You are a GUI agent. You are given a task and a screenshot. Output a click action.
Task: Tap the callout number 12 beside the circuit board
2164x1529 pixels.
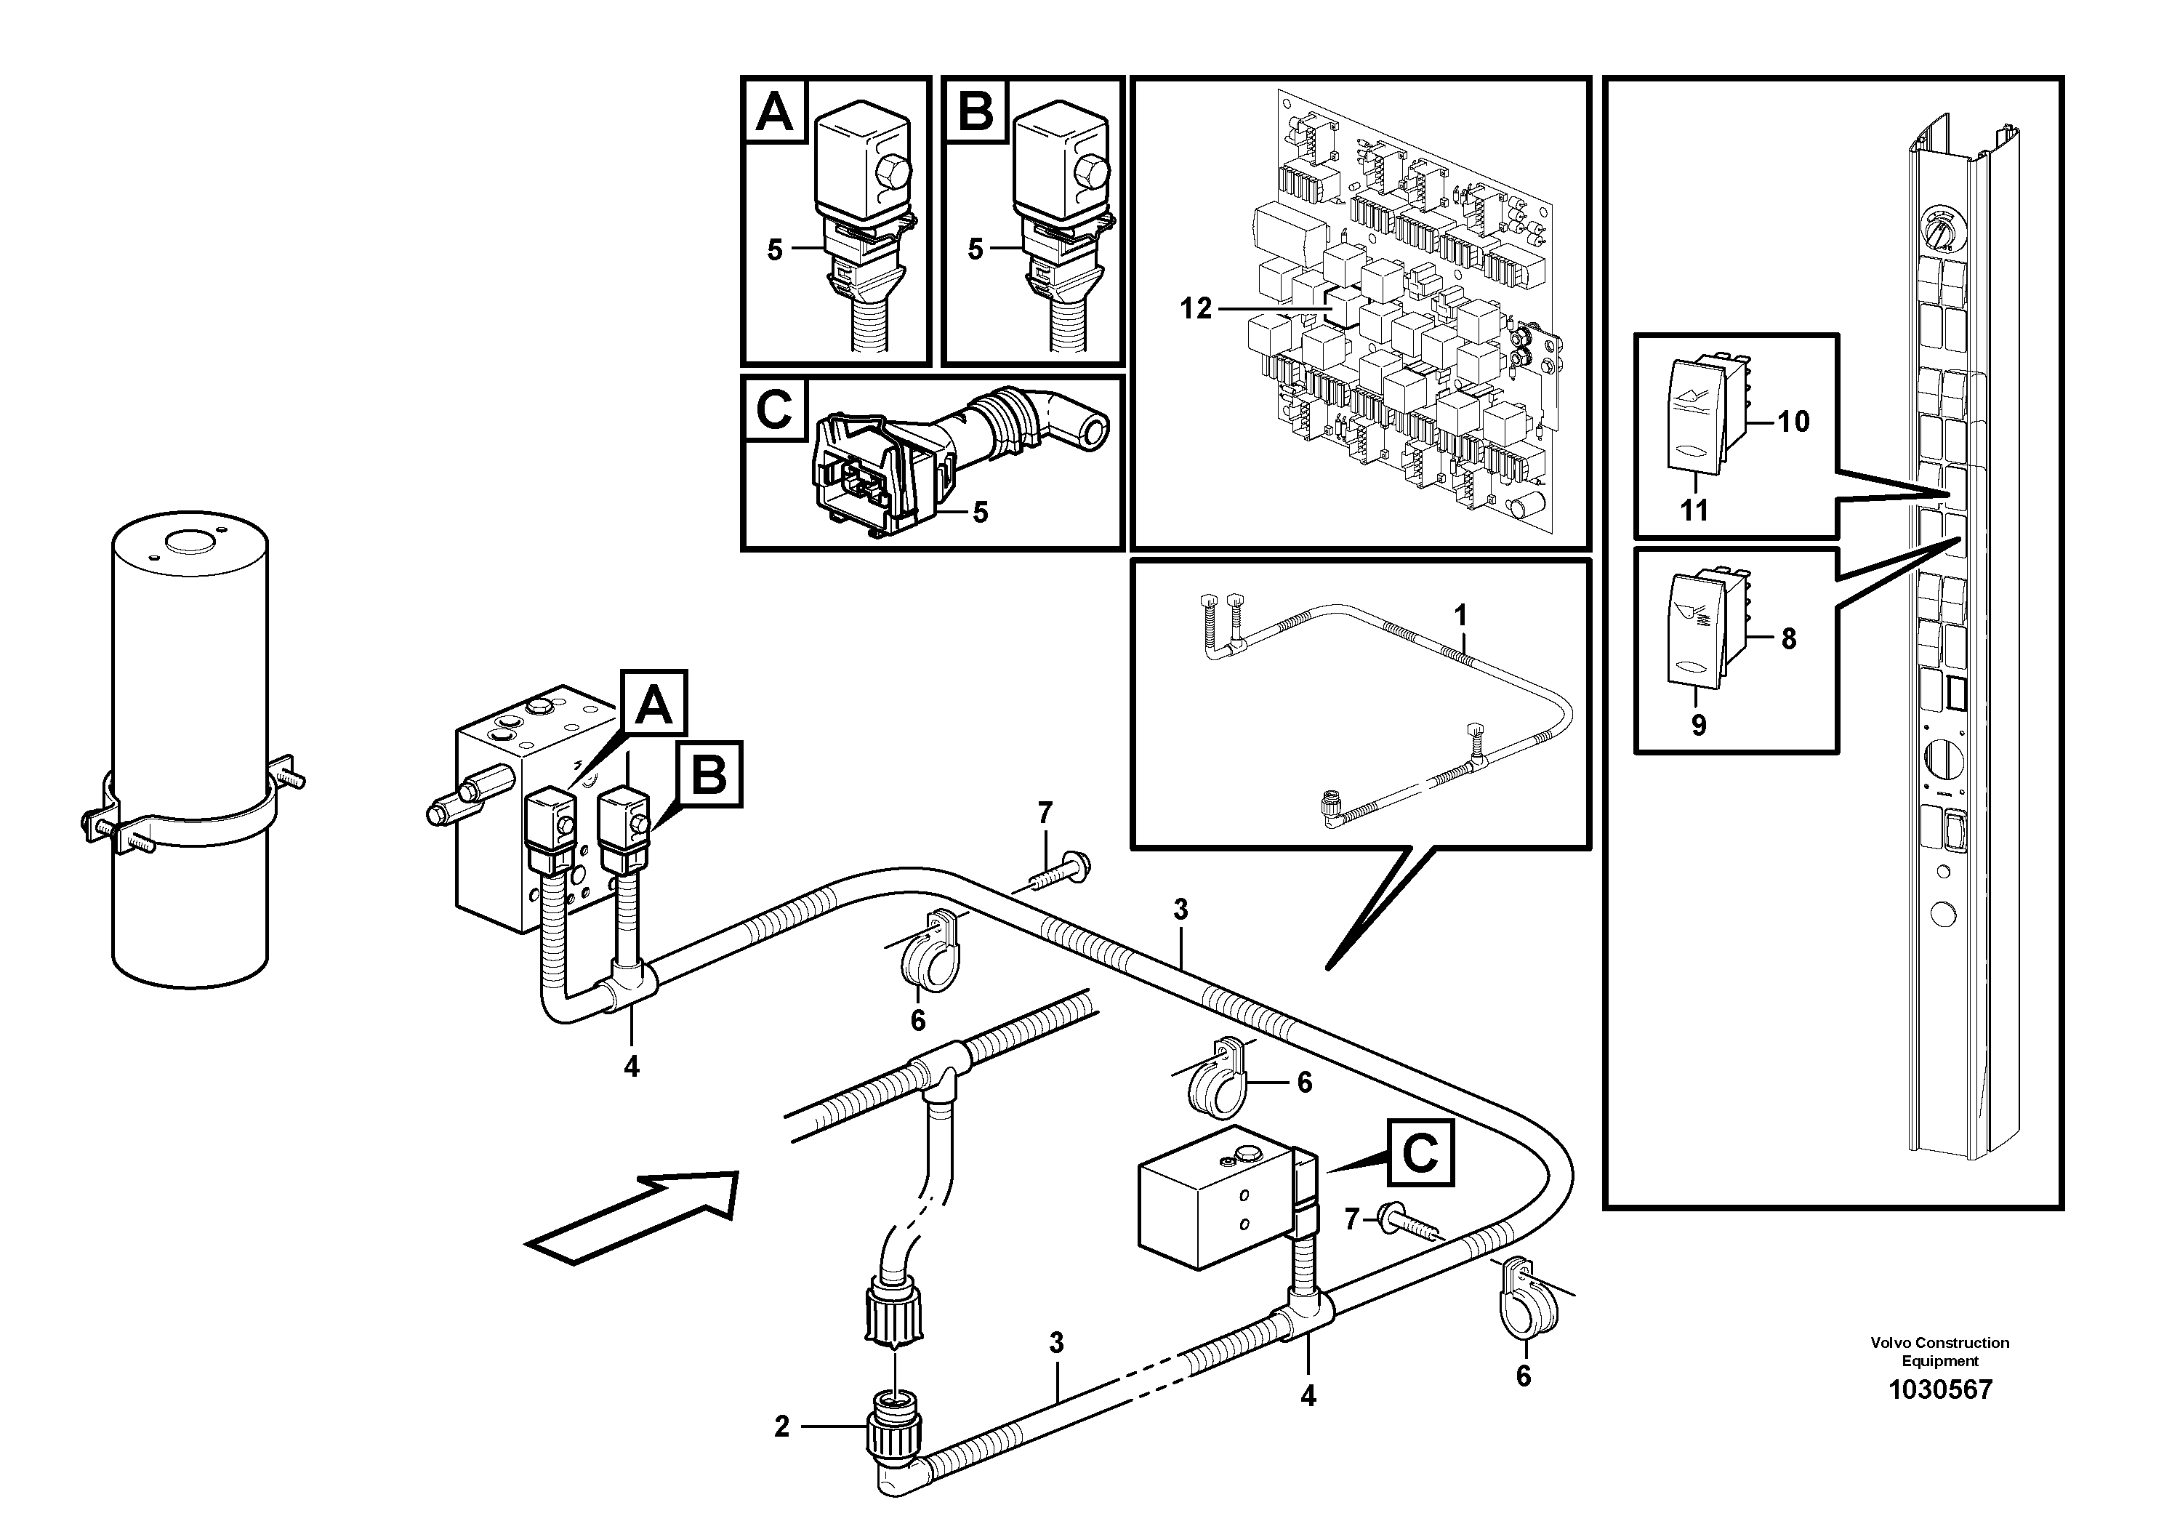click(x=1195, y=309)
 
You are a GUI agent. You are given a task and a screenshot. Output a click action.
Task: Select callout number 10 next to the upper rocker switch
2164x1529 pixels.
click(x=1793, y=422)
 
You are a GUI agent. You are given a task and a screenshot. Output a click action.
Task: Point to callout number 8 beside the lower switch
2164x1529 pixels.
click(x=1788, y=639)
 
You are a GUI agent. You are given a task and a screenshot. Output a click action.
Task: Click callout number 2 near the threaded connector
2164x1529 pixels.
click(x=781, y=1427)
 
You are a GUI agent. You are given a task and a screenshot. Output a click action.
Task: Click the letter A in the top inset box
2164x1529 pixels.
click(x=775, y=111)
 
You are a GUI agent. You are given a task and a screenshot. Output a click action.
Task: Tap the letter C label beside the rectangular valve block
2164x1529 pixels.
click(x=1420, y=1153)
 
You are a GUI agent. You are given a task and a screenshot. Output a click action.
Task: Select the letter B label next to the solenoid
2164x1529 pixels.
click(x=709, y=775)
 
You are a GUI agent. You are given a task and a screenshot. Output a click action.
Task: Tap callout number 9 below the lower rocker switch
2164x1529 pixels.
click(x=1698, y=726)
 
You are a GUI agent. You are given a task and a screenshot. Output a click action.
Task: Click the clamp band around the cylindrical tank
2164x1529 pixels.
click(x=188, y=811)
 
